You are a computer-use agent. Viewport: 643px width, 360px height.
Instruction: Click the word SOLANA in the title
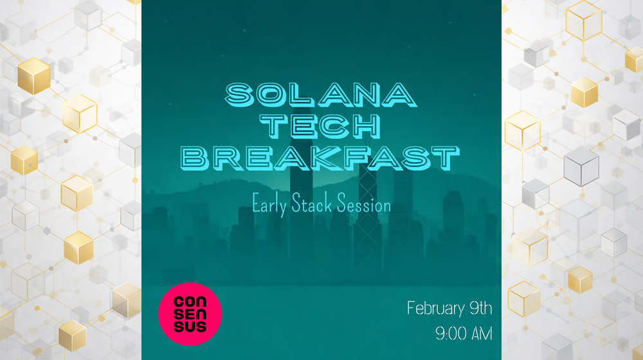click(320, 96)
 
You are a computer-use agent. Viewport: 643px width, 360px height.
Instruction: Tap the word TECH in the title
click(321, 127)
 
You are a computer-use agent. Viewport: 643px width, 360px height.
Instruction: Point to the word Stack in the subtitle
click(315, 206)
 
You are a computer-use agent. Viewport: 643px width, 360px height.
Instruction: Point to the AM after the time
click(482, 334)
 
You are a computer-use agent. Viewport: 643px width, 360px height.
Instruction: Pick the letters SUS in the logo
click(190, 327)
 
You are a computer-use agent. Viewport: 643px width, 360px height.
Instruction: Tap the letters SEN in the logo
click(190, 314)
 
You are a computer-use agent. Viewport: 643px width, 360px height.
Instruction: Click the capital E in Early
click(257, 206)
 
